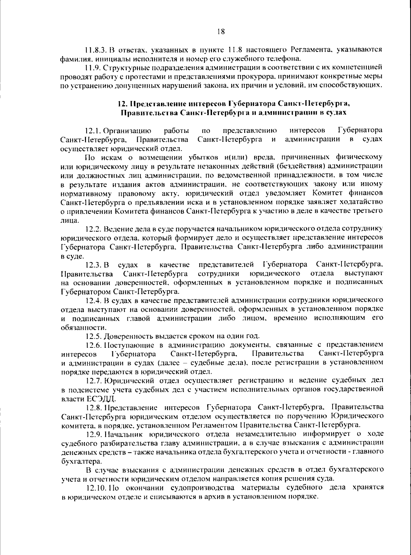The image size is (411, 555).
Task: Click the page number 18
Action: tap(221, 32)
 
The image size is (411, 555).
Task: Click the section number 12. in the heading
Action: tap(123, 103)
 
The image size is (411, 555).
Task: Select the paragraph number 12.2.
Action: tap(93, 229)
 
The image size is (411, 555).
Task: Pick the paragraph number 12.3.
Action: tap(93, 265)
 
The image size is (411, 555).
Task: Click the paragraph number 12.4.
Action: tap(93, 300)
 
